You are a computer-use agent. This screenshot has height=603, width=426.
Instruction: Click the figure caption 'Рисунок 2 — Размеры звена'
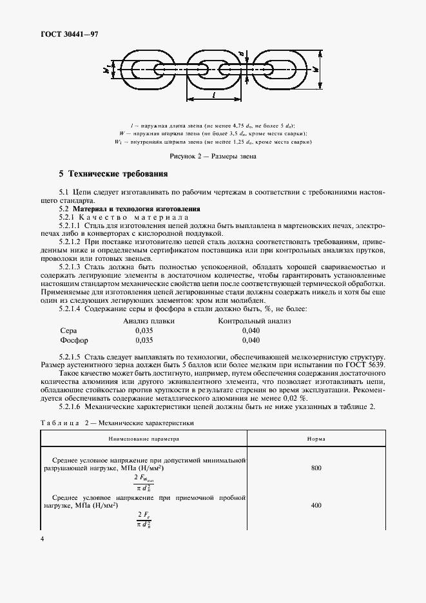click(213, 156)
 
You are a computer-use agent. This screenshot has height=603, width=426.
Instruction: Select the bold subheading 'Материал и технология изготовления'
click(137, 209)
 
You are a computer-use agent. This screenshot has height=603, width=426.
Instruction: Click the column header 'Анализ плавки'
click(149, 320)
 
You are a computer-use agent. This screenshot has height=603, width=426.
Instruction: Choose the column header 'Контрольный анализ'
click(255, 320)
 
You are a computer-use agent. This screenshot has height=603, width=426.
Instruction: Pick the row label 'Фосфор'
click(73, 340)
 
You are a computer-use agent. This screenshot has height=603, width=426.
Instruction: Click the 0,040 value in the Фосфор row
click(251, 340)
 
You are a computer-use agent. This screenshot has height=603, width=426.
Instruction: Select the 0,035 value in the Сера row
click(144, 330)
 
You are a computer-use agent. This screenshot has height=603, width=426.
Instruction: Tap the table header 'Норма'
click(316, 439)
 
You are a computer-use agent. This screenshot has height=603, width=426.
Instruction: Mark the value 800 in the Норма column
click(316, 468)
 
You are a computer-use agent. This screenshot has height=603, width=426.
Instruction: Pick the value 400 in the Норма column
click(316, 505)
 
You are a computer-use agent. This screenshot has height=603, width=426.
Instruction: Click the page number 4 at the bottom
click(42, 539)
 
